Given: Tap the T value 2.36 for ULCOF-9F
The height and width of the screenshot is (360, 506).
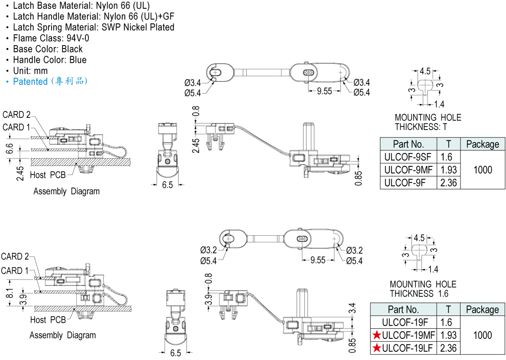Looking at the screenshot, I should [448, 183].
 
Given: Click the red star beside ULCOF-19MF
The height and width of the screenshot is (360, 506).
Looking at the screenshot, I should [377, 335].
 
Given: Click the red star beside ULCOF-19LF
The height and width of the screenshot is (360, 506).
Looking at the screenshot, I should [377, 347].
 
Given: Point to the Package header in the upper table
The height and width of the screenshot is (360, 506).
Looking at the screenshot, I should [483, 144].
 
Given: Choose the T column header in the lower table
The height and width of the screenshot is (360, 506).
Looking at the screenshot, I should [448, 309].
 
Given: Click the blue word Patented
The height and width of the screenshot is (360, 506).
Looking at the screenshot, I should [30, 81].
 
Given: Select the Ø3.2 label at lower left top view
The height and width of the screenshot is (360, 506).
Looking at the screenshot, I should [208, 250].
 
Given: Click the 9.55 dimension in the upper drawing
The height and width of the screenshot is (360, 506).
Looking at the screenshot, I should [324, 91].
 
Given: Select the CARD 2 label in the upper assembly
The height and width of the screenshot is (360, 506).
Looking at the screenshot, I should [16, 115].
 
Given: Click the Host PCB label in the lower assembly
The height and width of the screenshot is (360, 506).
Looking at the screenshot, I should [48, 320].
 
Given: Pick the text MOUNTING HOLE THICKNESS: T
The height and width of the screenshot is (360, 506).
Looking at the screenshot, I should [428, 122].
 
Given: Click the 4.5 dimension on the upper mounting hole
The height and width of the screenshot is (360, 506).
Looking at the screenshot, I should [425, 71].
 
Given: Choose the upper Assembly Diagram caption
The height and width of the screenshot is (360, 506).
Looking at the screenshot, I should [66, 191].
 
